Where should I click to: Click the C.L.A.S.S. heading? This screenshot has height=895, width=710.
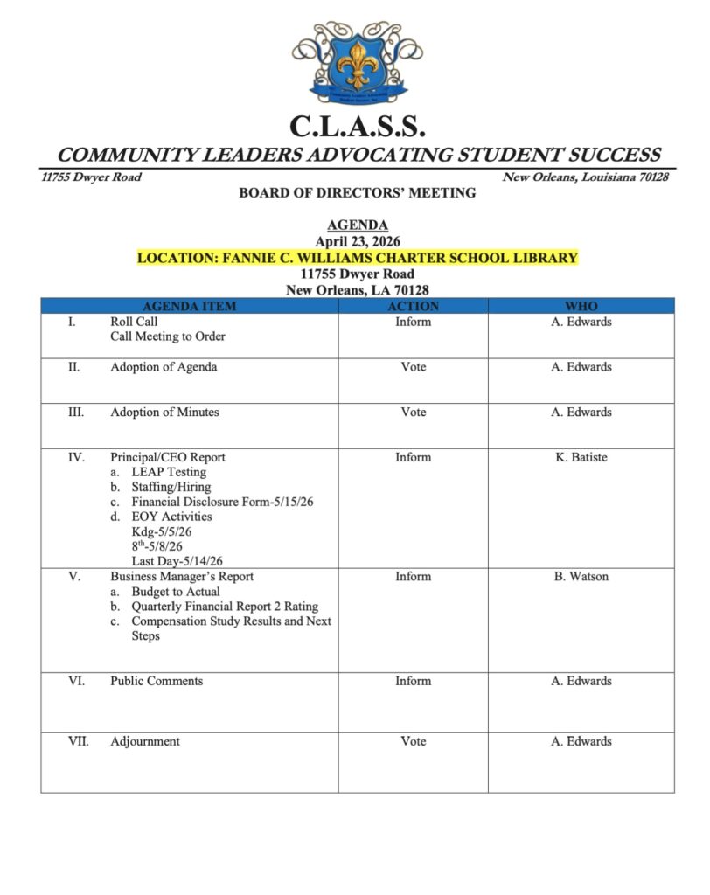[x=356, y=128]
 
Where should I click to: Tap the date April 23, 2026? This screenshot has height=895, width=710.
[x=357, y=241]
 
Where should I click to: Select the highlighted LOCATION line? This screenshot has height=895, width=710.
[x=357, y=257]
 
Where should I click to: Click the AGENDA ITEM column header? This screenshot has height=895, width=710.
[x=189, y=306]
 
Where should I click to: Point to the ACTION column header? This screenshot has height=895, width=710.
[x=413, y=306]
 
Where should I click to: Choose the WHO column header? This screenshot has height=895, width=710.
[x=581, y=306]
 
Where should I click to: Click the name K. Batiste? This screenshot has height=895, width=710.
[x=581, y=456]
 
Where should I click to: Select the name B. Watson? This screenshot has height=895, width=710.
[x=581, y=576]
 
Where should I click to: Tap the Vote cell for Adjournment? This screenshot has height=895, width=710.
[x=413, y=741]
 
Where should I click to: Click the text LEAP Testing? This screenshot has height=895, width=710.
[x=169, y=472]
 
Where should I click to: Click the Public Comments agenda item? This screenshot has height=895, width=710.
[x=157, y=681]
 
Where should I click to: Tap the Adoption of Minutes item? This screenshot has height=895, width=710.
[x=164, y=412]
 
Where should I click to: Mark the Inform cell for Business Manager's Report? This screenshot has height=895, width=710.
[x=413, y=576]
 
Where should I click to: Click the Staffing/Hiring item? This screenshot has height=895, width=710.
[x=171, y=487]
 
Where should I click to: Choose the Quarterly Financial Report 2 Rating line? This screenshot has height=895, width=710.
[x=225, y=607]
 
